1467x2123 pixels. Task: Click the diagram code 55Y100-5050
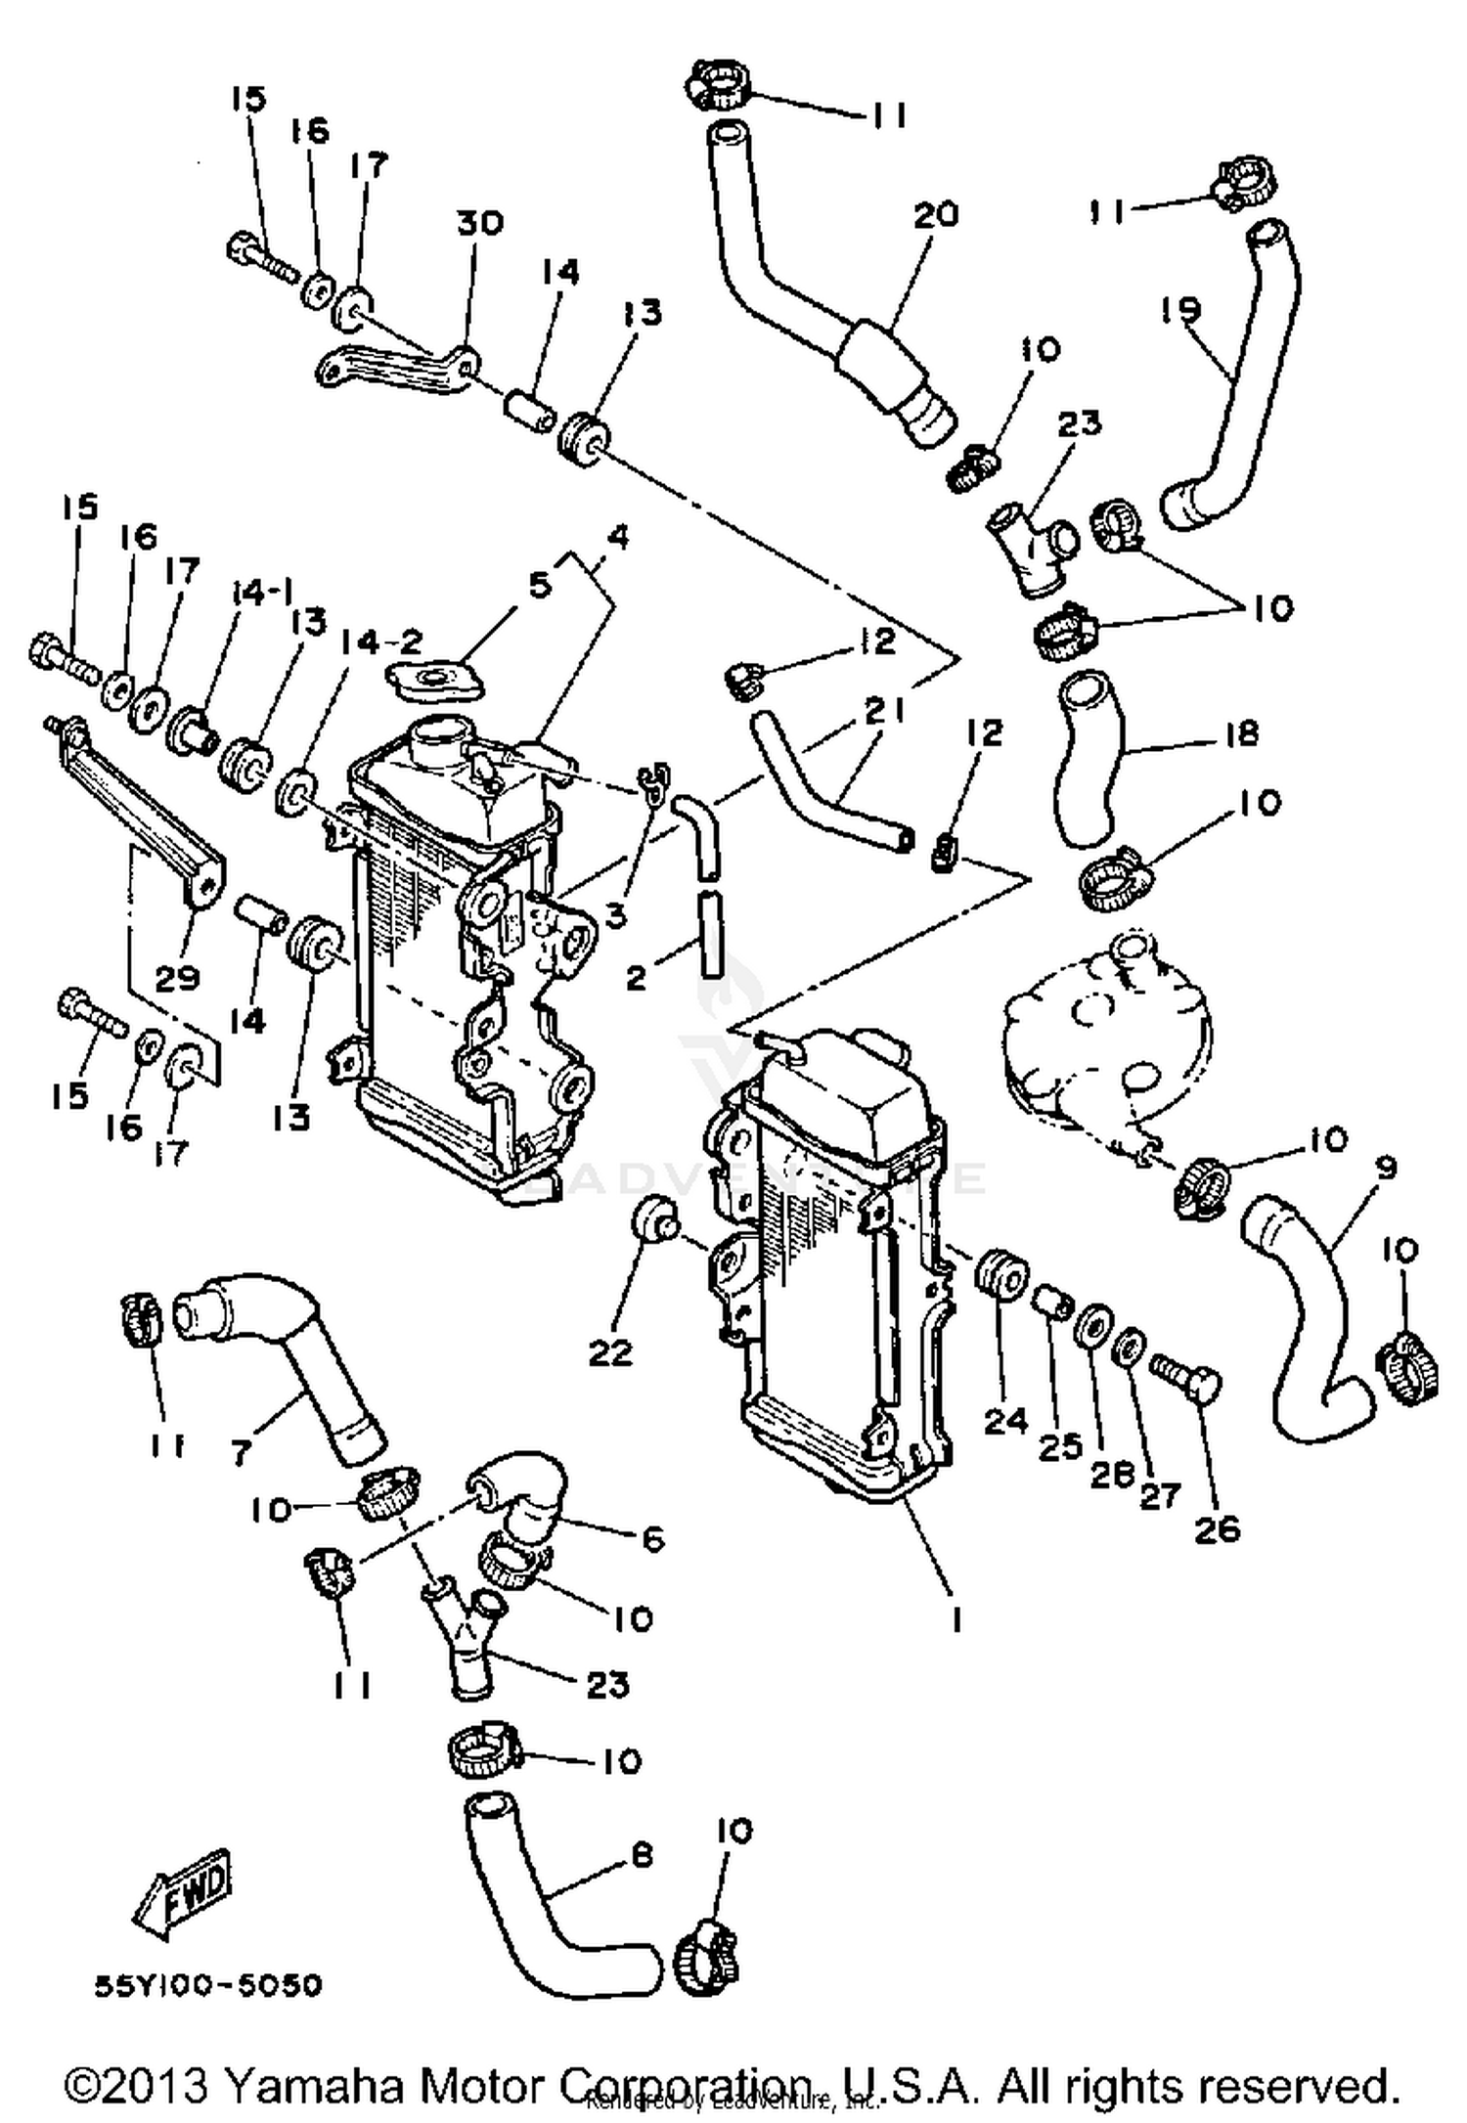[x=207, y=1987]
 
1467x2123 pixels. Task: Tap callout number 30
[x=479, y=224]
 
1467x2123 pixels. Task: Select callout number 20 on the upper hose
[x=936, y=214]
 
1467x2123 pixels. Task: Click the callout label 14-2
[x=382, y=641]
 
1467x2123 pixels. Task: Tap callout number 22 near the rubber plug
[x=610, y=1352]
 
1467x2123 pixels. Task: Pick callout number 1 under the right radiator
[x=956, y=1620]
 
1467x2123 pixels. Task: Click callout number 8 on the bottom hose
[x=641, y=1854]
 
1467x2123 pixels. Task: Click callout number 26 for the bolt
[x=1217, y=1528]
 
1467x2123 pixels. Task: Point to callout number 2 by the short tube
[x=637, y=977]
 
